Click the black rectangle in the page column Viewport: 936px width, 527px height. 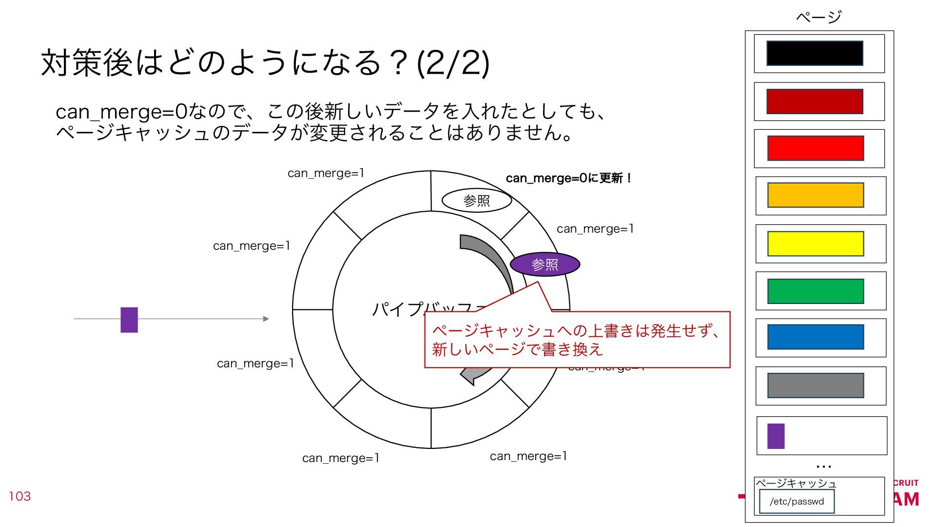pos(815,53)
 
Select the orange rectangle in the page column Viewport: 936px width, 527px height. pos(815,195)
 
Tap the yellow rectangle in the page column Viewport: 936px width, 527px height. pos(815,243)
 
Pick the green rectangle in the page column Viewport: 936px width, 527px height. pos(815,291)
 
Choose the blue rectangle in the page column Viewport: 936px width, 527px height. pos(815,337)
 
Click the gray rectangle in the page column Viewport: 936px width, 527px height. pos(815,385)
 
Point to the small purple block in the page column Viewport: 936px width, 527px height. pos(776,436)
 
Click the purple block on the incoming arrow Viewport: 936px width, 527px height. pos(129,320)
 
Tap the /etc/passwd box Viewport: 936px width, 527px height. pos(797,501)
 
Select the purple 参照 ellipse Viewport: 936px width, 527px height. pos(545,264)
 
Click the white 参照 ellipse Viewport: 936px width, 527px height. pos(476,201)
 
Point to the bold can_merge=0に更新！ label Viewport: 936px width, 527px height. pos(568,178)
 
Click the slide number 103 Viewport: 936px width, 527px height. pos(19,496)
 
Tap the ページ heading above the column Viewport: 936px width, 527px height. pos(819,17)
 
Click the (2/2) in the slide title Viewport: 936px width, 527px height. pos(453,63)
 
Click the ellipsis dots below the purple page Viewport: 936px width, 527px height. pos(823,467)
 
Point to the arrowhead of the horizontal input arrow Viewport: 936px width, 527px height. pos(266,319)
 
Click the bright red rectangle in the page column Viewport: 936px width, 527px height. pos(815,148)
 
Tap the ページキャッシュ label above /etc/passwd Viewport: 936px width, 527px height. pos(796,483)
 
